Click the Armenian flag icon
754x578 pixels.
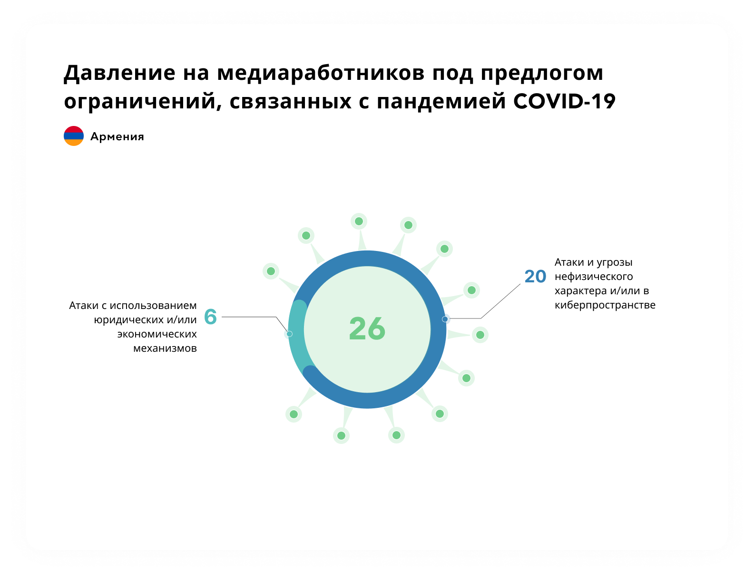click(x=74, y=136)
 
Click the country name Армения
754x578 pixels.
click(x=117, y=136)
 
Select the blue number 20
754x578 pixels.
click(x=535, y=276)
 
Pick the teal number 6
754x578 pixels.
click(x=210, y=317)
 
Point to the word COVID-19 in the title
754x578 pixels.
click(x=564, y=101)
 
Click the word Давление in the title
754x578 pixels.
click(x=120, y=74)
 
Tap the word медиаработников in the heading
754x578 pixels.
click(x=321, y=74)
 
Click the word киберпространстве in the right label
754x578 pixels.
click(x=605, y=305)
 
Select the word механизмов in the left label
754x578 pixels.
click(x=165, y=348)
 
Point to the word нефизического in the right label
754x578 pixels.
click(x=594, y=277)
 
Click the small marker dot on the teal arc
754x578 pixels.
click(x=289, y=334)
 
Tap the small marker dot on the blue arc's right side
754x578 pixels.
click(x=445, y=319)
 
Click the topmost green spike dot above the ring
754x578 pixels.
click(x=359, y=221)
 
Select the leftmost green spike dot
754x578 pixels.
click(x=271, y=271)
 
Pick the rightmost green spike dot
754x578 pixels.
click(x=480, y=335)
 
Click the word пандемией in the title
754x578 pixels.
click(x=441, y=102)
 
